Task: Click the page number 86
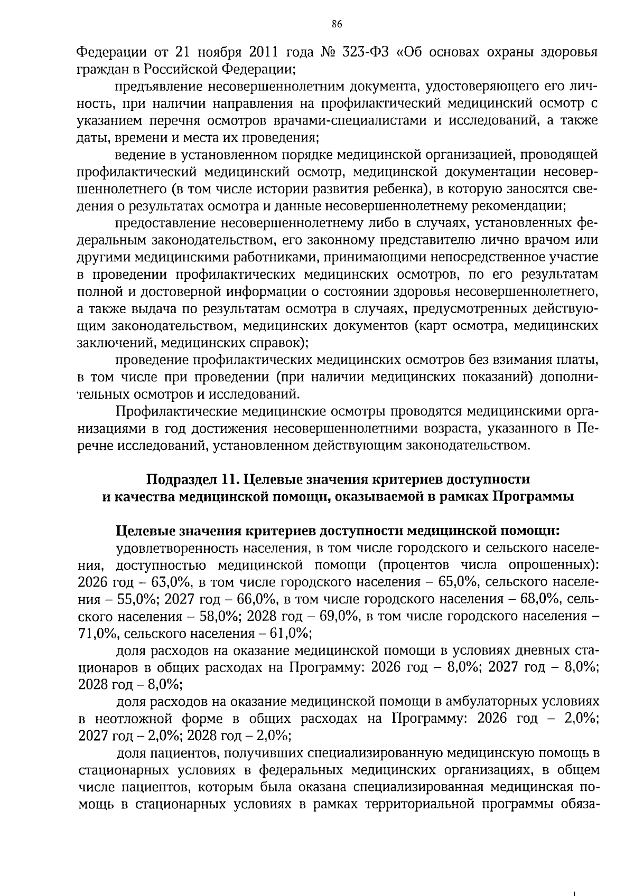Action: [337, 24]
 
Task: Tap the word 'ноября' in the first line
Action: [220, 53]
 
